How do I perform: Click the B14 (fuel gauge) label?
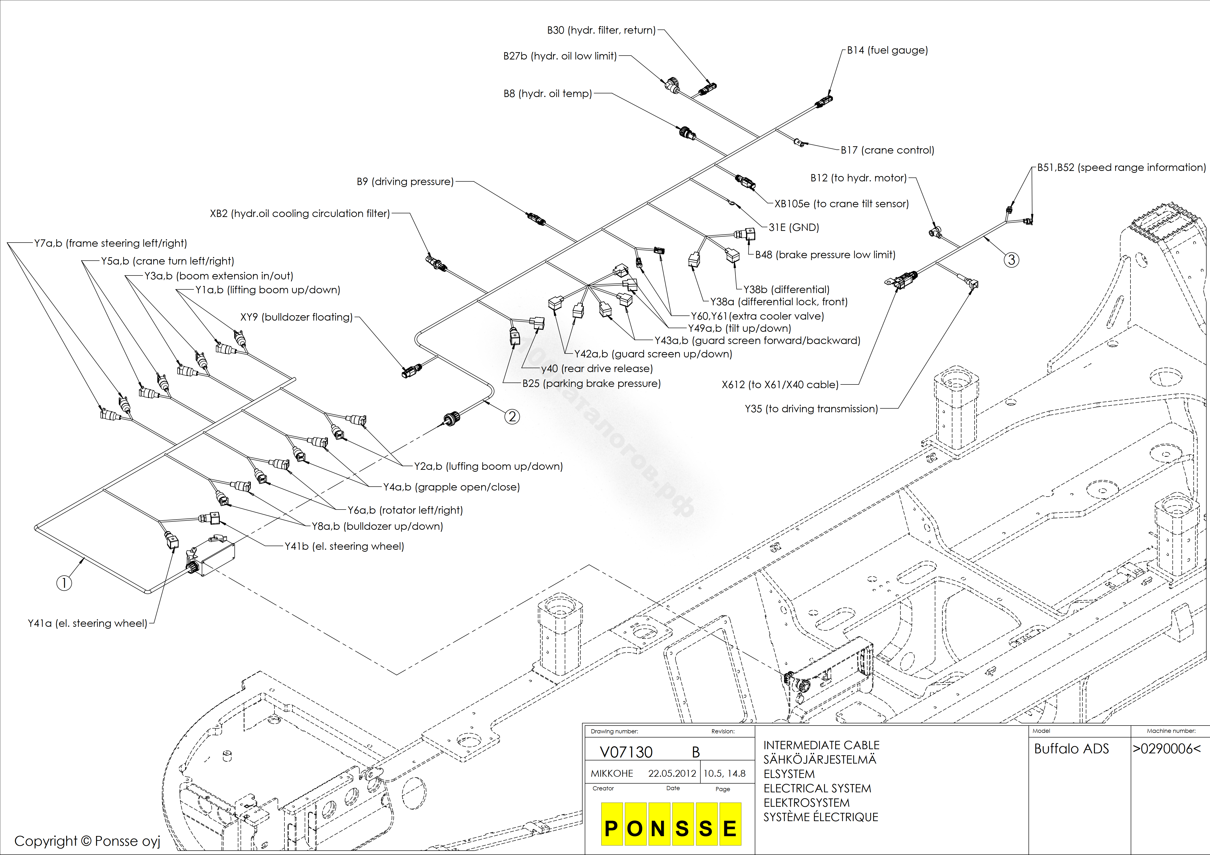coord(887,50)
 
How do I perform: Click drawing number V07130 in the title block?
coord(626,752)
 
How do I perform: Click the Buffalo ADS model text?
coord(1071,749)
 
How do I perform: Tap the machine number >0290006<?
coord(1167,749)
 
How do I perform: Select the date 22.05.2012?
coord(672,773)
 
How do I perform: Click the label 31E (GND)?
coord(794,227)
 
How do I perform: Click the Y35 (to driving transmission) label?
coord(811,409)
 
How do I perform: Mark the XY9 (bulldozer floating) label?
coord(296,317)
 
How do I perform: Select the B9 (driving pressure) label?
coord(405,182)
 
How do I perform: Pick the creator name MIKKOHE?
coord(612,773)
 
